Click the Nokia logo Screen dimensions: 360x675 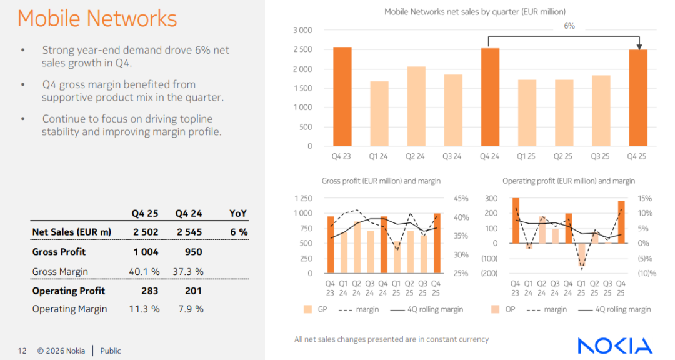pos(614,346)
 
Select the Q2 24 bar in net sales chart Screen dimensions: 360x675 pos(416,106)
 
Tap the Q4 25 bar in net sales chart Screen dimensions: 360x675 pos(638,97)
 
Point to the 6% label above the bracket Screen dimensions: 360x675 pos(569,26)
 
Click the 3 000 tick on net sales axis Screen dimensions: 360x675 pos(302,30)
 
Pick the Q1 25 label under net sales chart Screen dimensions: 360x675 pos(527,156)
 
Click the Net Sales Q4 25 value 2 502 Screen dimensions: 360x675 pos(145,232)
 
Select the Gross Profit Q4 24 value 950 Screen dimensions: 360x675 pos(194,252)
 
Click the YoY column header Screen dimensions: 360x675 pos(238,213)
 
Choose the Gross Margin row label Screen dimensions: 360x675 pos(60,272)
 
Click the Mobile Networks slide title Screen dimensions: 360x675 pos(97,19)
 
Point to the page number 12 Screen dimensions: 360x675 pos(22,351)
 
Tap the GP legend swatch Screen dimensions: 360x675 pos(307,309)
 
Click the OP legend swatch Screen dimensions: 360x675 pos(495,309)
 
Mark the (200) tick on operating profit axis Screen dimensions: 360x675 pos(489,273)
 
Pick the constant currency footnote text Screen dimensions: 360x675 pos(391,339)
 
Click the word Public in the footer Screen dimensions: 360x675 pos(111,351)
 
